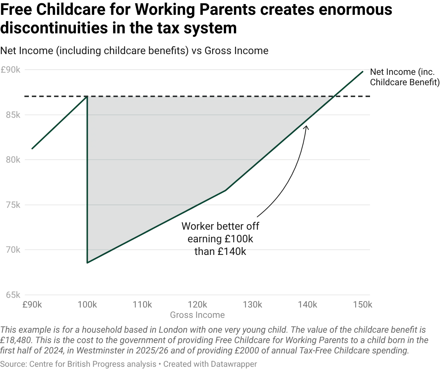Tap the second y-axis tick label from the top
pos(12,114)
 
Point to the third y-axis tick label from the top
pos(12,159)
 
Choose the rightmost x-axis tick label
pos(362,305)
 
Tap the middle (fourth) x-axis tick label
pos(197,305)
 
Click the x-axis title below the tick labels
pos(197,316)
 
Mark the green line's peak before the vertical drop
pos(87,98)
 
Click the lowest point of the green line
pos(87,263)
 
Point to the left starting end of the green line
pos(32,150)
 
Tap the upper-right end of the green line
pos(363,70)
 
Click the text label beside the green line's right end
pos(405,77)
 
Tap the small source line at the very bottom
pos(128,364)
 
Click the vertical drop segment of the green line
pos(87,178)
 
